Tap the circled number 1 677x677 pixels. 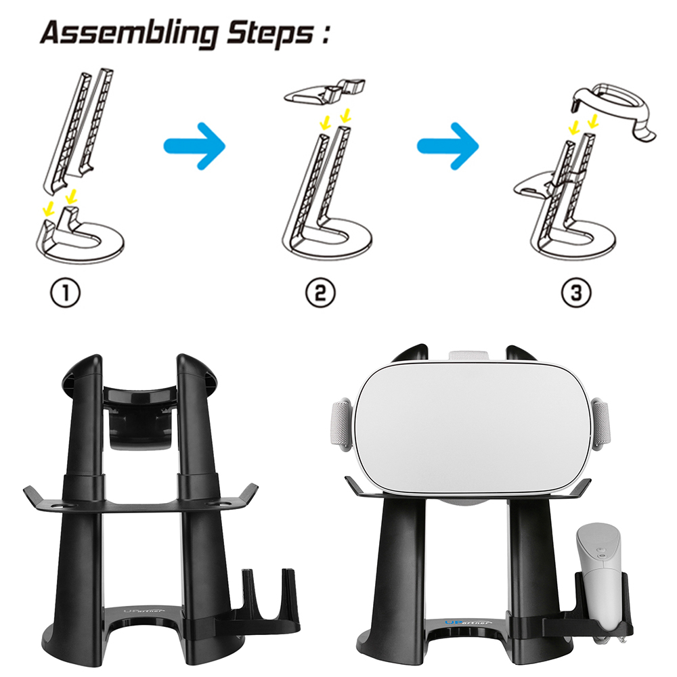pyautogui.click(x=66, y=293)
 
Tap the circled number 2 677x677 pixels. pyautogui.click(x=320, y=293)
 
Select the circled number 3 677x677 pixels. pyautogui.click(x=576, y=293)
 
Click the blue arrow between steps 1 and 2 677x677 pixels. pyautogui.click(x=194, y=146)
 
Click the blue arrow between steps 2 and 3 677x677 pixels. pyautogui.click(x=447, y=146)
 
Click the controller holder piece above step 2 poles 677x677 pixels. pyautogui.click(x=325, y=90)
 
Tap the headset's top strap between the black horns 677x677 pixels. pyautogui.click(x=469, y=356)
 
